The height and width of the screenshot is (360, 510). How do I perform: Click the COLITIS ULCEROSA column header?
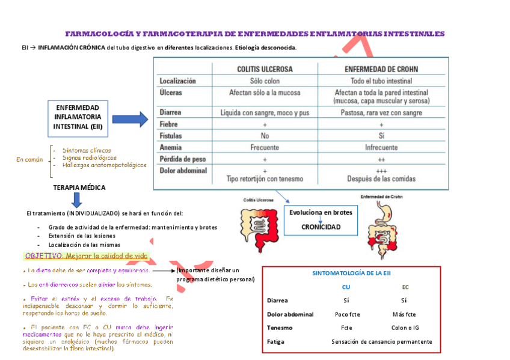coord(265,69)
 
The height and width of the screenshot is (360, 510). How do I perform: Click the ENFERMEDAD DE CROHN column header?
coord(381,69)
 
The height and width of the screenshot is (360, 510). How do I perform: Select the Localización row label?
coord(177,81)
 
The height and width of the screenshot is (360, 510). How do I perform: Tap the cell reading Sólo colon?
coord(265,81)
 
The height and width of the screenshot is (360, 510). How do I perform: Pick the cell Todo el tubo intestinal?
coord(381,81)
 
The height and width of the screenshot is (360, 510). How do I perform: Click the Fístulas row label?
coord(171,136)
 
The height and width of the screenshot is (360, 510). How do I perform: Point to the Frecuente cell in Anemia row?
coord(265,147)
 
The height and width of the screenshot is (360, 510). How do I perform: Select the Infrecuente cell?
coord(381,147)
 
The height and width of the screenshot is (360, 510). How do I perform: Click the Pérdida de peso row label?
coord(183,159)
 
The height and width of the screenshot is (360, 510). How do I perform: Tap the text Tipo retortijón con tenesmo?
coord(265,179)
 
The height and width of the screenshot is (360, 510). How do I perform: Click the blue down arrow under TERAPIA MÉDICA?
coord(77,200)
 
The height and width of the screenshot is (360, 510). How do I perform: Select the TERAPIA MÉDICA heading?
coord(79,188)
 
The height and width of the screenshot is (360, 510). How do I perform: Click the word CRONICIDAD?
coord(321,227)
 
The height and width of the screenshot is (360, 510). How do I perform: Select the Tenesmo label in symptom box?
coord(280,328)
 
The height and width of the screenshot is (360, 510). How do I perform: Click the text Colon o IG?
coord(404,328)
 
